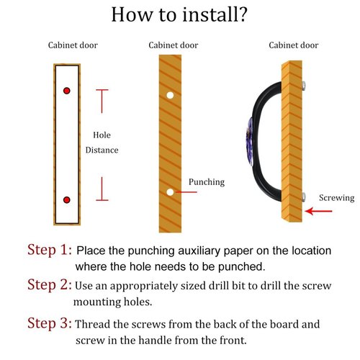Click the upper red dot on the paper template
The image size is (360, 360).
tap(67, 91)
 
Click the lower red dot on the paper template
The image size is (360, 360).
tap(67, 199)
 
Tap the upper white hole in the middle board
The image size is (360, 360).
tap(170, 95)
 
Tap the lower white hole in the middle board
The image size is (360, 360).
tap(170, 192)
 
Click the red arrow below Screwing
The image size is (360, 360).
tap(318, 211)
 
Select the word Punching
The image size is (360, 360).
tap(207, 182)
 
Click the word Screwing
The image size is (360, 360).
tap(337, 198)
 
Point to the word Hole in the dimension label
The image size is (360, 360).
tap(102, 135)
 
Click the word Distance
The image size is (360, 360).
tap(102, 150)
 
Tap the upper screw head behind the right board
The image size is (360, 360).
tap(304, 86)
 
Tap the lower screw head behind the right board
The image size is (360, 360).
tap(304, 197)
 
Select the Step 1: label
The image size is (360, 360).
tap(50, 250)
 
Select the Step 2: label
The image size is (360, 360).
tap(50, 284)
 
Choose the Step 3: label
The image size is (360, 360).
tap(50, 323)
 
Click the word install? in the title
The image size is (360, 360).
tap(215, 14)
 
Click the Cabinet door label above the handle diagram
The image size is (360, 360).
tap(294, 45)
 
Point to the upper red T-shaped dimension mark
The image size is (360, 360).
tap(102, 101)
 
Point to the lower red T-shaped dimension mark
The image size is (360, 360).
tap(102, 189)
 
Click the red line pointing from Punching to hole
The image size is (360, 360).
tap(186, 192)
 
